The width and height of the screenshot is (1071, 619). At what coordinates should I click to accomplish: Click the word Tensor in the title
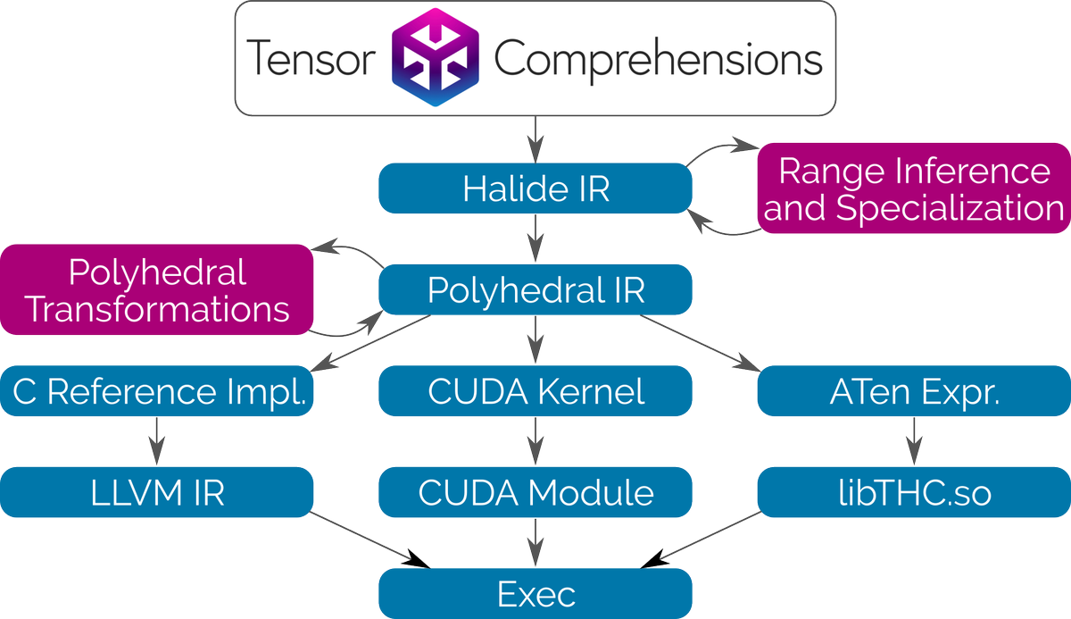309,60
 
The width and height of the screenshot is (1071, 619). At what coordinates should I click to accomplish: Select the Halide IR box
535,188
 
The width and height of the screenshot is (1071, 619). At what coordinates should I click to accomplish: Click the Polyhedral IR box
535,290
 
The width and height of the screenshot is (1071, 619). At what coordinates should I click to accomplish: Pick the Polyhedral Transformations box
157,290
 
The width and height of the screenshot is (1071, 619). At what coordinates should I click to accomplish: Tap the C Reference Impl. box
157,391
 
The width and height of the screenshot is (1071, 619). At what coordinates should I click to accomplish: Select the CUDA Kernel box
535,391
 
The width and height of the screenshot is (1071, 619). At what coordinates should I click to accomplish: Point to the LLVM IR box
157,493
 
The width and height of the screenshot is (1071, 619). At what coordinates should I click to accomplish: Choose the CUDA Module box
535,493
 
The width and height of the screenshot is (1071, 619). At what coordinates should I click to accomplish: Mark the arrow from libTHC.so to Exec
702,540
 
